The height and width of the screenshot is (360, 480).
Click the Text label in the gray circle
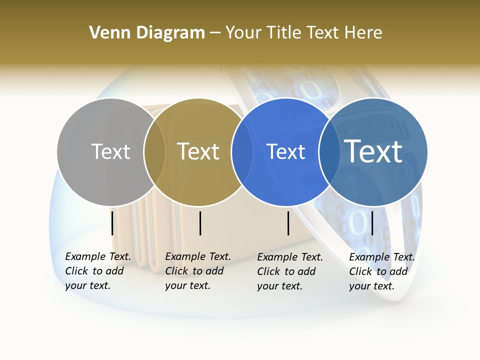[110, 151]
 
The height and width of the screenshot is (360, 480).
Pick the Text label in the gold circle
[198, 151]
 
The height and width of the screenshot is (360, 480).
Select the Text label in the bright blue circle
[285, 151]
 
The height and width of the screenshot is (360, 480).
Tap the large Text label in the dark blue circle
[373, 151]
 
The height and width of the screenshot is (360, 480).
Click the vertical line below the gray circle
[112, 223]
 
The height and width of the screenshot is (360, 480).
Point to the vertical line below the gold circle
[200, 223]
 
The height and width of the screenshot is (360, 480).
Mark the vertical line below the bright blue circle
[288, 223]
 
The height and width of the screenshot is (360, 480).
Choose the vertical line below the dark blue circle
[372, 223]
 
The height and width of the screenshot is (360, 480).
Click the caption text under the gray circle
[97, 271]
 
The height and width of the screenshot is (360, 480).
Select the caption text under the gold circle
[197, 271]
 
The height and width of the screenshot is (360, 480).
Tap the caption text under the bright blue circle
[289, 271]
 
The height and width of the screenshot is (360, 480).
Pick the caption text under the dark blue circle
[381, 271]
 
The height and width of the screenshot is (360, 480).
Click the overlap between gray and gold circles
[154, 152]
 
